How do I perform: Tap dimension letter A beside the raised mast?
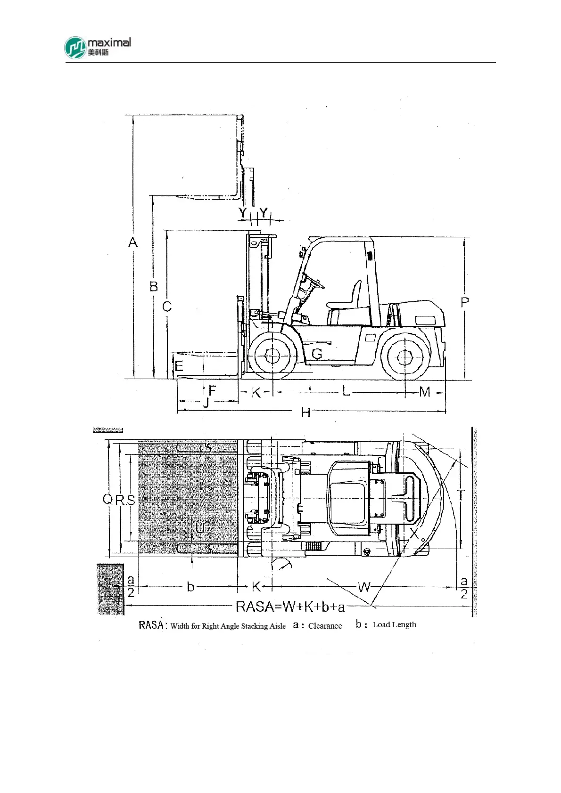[x=133, y=243]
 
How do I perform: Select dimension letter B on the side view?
[x=154, y=286]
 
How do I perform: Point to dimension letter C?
[x=167, y=307]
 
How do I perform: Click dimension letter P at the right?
[x=465, y=302]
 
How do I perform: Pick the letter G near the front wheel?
[x=317, y=353]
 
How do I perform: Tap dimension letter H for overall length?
[x=306, y=413]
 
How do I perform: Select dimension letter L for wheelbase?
[x=346, y=391]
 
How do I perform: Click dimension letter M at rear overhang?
[x=425, y=392]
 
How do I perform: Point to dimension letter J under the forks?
[x=206, y=403]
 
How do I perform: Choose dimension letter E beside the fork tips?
[x=179, y=366]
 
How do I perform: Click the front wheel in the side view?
[x=272, y=356]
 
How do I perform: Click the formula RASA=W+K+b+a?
[x=290, y=607]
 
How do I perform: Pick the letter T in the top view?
[x=461, y=495]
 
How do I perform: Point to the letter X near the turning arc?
[x=414, y=534]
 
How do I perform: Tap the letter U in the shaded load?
[x=200, y=528]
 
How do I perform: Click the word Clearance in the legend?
[x=325, y=626]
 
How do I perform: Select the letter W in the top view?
[x=364, y=587]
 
